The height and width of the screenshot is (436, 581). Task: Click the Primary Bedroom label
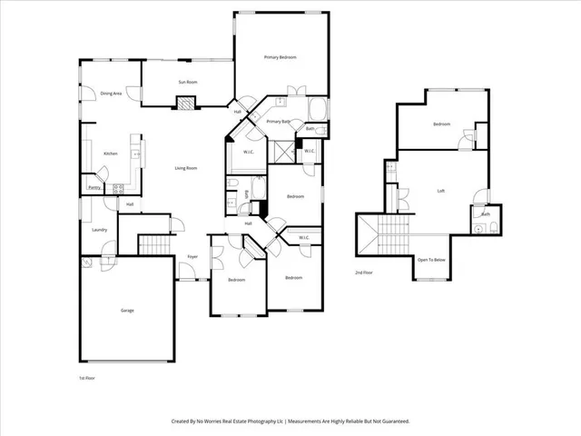pyautogui.click(x=281, y=58)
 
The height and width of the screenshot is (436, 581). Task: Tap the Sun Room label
pyautogui.click(x=185, y=82)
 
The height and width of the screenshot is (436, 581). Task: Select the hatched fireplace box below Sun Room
pyautogui.click(x=184, y=103)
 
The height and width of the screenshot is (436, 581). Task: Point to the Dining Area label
pyautogui.click(x=112, y=94)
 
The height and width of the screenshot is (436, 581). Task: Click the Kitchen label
pyautogui.click(x=110, y=154)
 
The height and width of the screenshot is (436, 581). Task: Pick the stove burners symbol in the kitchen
pyautogui.click(x=117, y=189)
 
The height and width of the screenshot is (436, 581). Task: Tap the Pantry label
pyautogui.click(x=94, y=187)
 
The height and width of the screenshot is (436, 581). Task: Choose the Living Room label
pyautogui.click(x=187, y=168)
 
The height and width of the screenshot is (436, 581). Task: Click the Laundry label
pyautogui.click(x=100, y=230)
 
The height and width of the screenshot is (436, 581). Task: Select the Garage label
pyautogui.click(x=127, y=311)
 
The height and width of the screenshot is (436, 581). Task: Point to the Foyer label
pyautogui.click(x=192, y=257)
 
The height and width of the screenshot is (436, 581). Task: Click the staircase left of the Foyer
pyautogui.click(x=154, y=245)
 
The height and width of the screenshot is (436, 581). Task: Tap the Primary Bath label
pyautogui.click(x=278, y=121)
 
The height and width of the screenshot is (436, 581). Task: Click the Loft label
pyautogui.click(x=441, y=191)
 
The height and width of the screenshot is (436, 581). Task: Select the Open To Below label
pyautogui.click(x=431, y=260)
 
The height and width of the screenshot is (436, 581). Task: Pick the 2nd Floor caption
pyautogui.click(x=364, y=272)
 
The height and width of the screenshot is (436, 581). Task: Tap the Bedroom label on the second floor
pyautogui.click(x=441, y=124)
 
